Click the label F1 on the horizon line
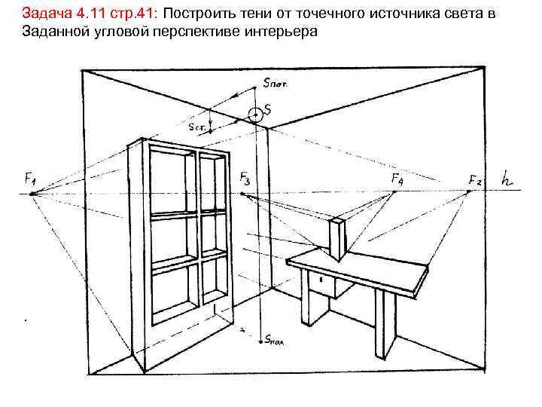(30, 179)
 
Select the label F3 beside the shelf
(246, 178)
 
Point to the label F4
(397, 178)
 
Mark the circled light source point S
(256, 114)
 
